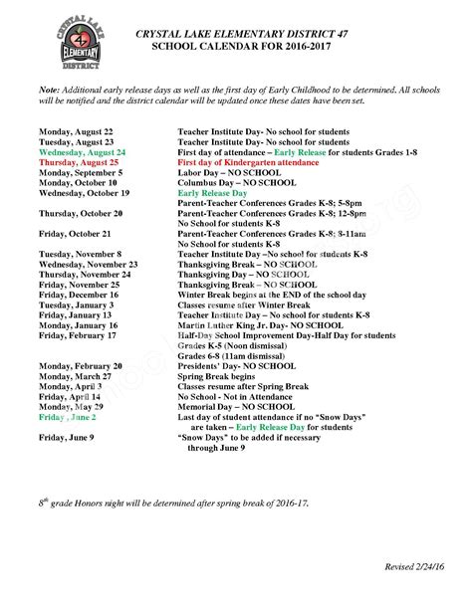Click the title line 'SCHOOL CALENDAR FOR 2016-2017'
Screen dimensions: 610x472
click(235, 47)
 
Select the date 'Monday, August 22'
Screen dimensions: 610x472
click(76, 131)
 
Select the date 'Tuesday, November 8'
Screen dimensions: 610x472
click(80, 254)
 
